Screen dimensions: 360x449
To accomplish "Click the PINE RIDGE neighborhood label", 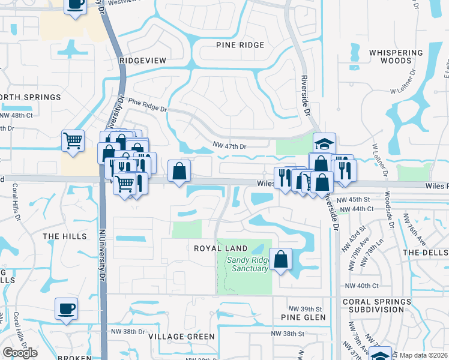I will point(240,46).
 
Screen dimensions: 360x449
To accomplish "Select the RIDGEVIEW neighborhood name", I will point(142,61).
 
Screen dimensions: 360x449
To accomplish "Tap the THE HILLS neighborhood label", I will point(65,237).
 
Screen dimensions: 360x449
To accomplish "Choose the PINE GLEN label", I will point(303,317).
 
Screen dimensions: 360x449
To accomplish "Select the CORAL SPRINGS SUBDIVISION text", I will point(382,305).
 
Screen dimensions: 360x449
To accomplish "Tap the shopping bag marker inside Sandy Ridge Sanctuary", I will point(281,259).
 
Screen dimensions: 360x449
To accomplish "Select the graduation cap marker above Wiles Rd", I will point(324,143).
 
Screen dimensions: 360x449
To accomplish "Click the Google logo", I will point(20,353).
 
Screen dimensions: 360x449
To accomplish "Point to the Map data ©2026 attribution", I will point(424,355).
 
